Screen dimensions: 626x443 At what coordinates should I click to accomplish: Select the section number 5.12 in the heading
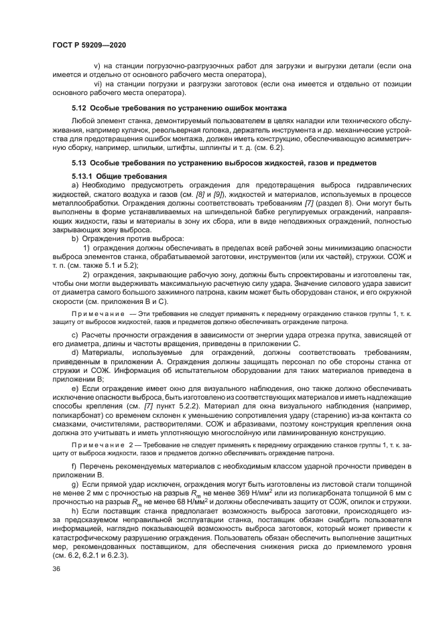(79, 108)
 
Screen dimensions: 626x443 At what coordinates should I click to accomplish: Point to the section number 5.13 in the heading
(79, 163)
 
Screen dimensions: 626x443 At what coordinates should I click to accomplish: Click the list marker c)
(74, 334)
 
